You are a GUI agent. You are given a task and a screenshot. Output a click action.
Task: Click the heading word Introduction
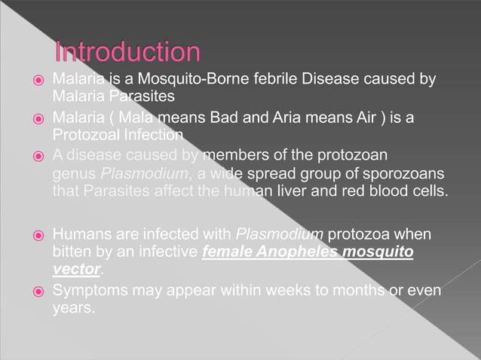pos(127,53)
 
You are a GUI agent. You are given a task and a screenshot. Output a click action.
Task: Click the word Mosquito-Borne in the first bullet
pos(188,79)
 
